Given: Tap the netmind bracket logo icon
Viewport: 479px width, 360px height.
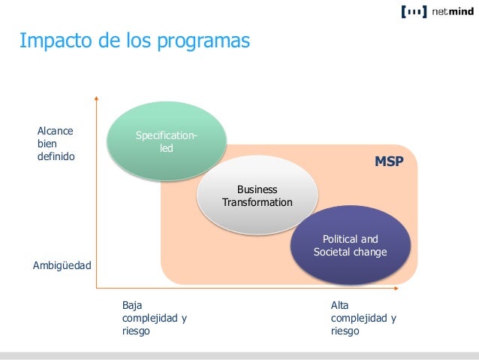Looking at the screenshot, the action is (x=413, y=11).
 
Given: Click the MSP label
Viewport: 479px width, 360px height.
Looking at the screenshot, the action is (x=389, y=162).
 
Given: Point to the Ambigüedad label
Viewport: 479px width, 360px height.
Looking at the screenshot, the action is (x=62, y=266).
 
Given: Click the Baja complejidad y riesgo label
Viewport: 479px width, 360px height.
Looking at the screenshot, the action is (x=154, y=318).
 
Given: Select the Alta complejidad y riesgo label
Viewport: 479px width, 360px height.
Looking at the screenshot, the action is (x=363, y=318).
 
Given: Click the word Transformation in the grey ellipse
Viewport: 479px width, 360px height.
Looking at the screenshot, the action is (x=258, y=203).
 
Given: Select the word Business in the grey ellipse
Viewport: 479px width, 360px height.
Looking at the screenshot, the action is (x=257, y=189).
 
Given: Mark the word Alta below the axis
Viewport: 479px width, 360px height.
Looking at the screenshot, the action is (x=339, y=306).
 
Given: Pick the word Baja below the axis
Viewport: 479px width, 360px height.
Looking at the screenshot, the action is (x=131, y=306).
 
